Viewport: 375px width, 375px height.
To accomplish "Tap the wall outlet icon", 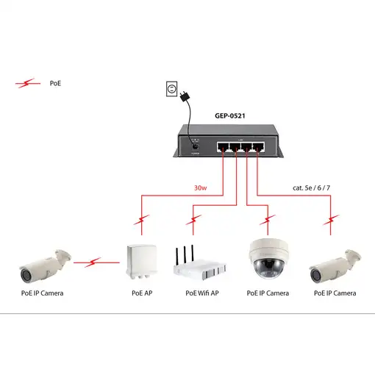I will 172,89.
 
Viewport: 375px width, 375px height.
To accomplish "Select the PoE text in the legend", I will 55,84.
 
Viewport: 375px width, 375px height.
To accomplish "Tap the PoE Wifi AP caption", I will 203,293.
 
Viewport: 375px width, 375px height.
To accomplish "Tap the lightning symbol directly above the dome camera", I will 265,218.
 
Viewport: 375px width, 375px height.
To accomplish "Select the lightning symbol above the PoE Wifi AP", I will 194,218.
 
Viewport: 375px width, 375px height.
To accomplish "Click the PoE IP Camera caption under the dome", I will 268,293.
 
